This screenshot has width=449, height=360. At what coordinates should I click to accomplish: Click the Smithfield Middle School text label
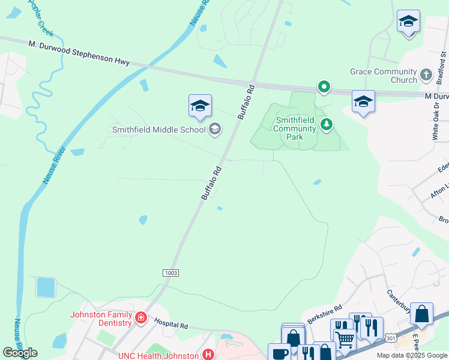coord(159,129)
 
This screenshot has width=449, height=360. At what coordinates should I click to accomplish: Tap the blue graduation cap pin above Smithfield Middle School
coord(200,106)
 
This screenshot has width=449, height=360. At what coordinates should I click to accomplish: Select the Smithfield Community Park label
coord(295,128)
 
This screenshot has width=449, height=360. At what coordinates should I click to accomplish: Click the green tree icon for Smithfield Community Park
coord(327,124)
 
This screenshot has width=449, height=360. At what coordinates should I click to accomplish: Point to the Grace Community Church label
coord(383,76)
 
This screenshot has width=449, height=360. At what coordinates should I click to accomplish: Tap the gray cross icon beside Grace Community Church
coord(426,75)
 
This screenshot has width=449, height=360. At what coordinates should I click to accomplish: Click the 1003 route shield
coord(170,273)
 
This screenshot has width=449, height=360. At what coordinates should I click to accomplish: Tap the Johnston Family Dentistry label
coord(101,319)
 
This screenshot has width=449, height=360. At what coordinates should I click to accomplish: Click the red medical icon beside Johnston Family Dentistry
coord(140,317)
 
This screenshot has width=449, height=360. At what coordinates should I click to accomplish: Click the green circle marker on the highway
coord(324,88)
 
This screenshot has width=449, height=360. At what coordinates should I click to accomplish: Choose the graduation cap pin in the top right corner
coord(408,22)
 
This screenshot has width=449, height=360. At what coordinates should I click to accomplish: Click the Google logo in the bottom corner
coord(20,353)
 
